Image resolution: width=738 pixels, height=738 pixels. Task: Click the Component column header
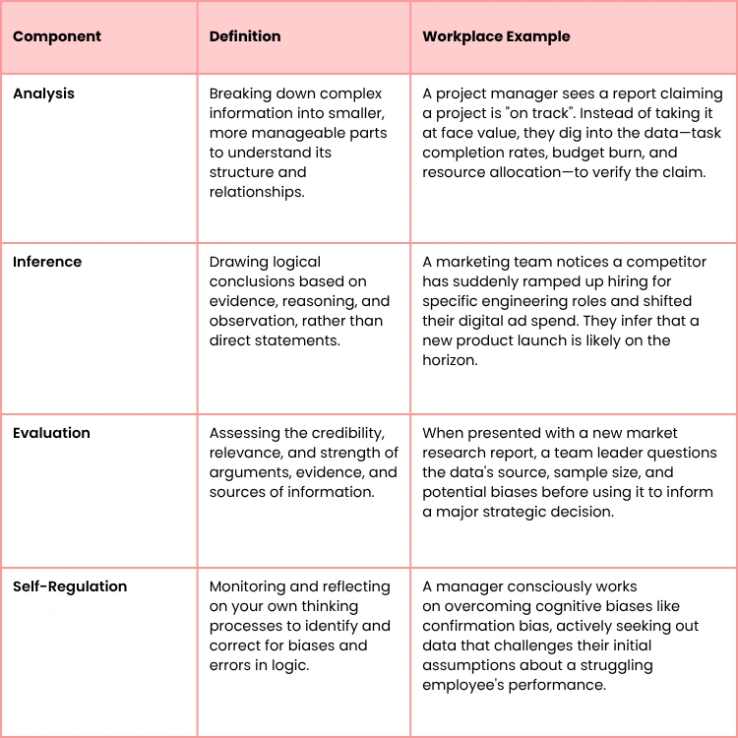pyautogui.click(x=56, y=36)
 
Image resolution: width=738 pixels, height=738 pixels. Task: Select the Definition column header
pyautogui.click(x=245, y=36)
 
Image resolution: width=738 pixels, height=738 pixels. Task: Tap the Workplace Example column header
pyautogui.click(x=496, y=36)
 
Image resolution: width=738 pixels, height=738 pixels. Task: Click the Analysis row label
pyautogui.click(x=43, y=93)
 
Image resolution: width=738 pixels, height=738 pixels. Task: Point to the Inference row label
pyautogui.click(x=47, y=262)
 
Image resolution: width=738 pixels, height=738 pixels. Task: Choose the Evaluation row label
pyautogui.click(x=51, y=433)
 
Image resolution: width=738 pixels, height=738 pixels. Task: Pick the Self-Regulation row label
pyautogui.click(x=70, y=586)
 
